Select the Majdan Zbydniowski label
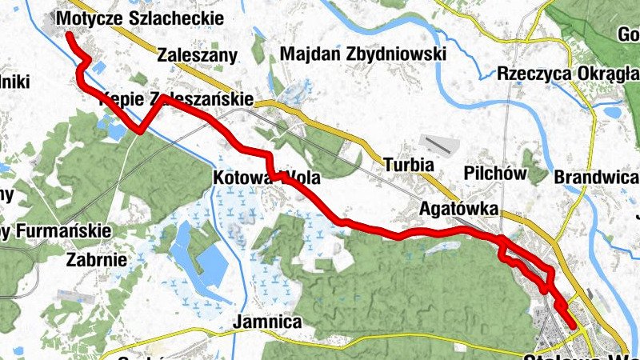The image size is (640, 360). [x=362, y=54]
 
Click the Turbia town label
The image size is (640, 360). [x=408, y=165]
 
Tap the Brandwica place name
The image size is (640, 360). [x=597, y=177]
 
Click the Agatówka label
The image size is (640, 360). [x=459, y=210]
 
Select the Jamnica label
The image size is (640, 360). [x=267, y=322]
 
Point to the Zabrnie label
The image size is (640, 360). [x=97, y=259]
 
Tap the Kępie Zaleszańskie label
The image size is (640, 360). [x=176, y=101]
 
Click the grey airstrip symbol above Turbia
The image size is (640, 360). [x=438, y=146]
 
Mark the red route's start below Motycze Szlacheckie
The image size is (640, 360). [x=68, y=36]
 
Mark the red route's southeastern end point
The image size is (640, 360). [x=573, y=325]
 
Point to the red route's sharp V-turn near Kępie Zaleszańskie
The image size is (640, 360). [x=141, y=129]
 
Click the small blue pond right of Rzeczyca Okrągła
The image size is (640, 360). [x=613, y=112]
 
